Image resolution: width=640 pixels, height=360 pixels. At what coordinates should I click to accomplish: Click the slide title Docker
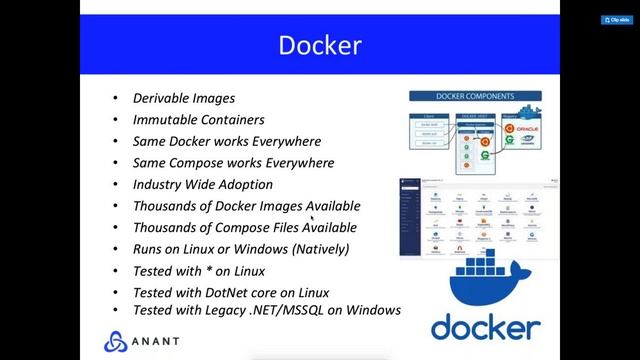point(319,45)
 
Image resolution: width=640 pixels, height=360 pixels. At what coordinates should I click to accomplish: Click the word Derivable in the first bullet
point(159,98)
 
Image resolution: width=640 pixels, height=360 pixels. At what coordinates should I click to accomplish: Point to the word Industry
point(156,184)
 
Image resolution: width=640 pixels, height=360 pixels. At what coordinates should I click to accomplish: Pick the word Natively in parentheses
point(319,248)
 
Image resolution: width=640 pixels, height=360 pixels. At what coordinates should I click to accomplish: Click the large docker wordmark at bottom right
point(486,326)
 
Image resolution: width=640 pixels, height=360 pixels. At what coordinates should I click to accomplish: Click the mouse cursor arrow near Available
point(312,217)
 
